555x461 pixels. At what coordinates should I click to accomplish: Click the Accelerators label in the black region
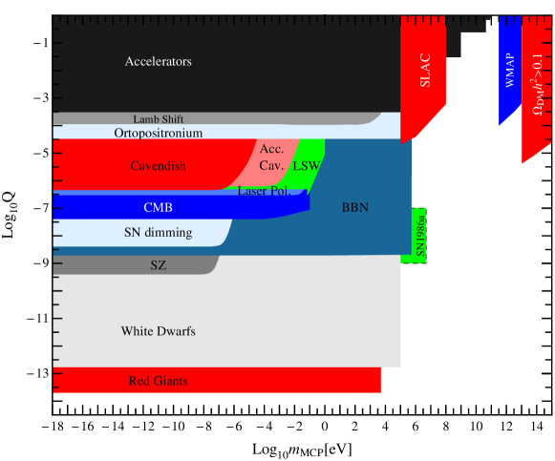click(158, 62)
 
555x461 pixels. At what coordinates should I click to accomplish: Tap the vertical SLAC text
click(425, 69)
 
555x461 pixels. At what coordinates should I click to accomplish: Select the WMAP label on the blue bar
click(509, 70)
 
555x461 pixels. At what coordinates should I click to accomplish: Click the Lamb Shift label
click(159, 119)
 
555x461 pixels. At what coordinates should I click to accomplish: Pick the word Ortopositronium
click(159, 134)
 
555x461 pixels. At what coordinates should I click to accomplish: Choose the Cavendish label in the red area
click(158, 166)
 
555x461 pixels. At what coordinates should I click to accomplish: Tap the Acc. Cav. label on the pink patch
click(271, 157)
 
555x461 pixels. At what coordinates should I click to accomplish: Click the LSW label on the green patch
click(306, 166)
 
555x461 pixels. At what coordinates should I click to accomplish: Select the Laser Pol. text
click(266, 192)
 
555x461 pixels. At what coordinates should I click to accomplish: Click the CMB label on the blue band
click(158, 207)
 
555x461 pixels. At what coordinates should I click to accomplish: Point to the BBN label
click(354, 207)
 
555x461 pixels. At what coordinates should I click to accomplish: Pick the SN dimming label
click(158, 233)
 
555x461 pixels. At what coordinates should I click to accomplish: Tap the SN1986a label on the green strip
click(419, 235)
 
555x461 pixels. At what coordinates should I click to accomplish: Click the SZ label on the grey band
click(158, 265)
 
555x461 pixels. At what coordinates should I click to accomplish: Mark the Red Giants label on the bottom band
click(158, 382)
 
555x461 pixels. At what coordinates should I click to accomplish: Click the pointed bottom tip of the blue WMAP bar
click(500, 126)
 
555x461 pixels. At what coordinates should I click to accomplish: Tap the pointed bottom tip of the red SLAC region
click(402, 143)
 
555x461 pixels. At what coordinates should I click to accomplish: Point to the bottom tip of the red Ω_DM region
click(523, 163)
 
